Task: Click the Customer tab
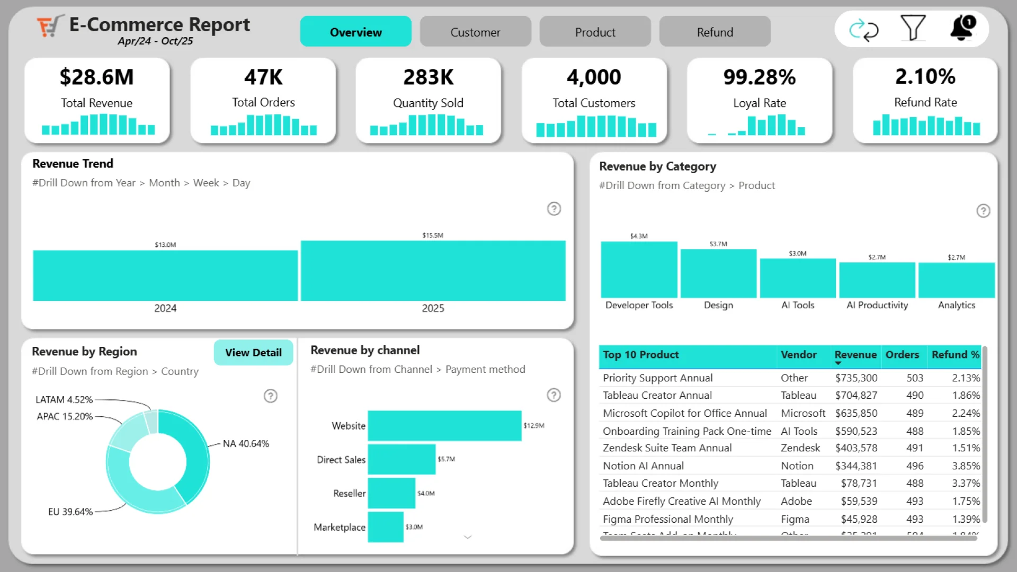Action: click(x=475, y=32)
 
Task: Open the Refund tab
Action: click(x=715, y=32)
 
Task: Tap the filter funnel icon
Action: click(x=913, y=28)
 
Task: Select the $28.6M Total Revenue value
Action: click(x=96, y=77)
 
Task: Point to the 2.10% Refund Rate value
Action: click(x=925, y=77)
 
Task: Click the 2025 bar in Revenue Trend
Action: click(x=433, y=271)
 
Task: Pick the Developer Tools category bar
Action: click(x=639, y=270)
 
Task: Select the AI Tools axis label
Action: click(x=798, y=305)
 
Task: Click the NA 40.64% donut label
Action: click(x=246, y=444)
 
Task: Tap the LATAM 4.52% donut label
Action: click(x=64, y=400)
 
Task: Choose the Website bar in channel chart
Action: click(x=444, y=426)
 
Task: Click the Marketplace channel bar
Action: click(x=386, y=527)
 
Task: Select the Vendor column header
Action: click(x=798, y=355)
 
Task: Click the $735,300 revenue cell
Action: click(x=856, y=378)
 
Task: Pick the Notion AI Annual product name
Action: click(x=643, y=466)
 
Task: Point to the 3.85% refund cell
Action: click(x=966, y=466)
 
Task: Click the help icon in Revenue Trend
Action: click(x=554, y=209)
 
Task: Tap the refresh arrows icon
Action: click(x=863, y=30)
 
